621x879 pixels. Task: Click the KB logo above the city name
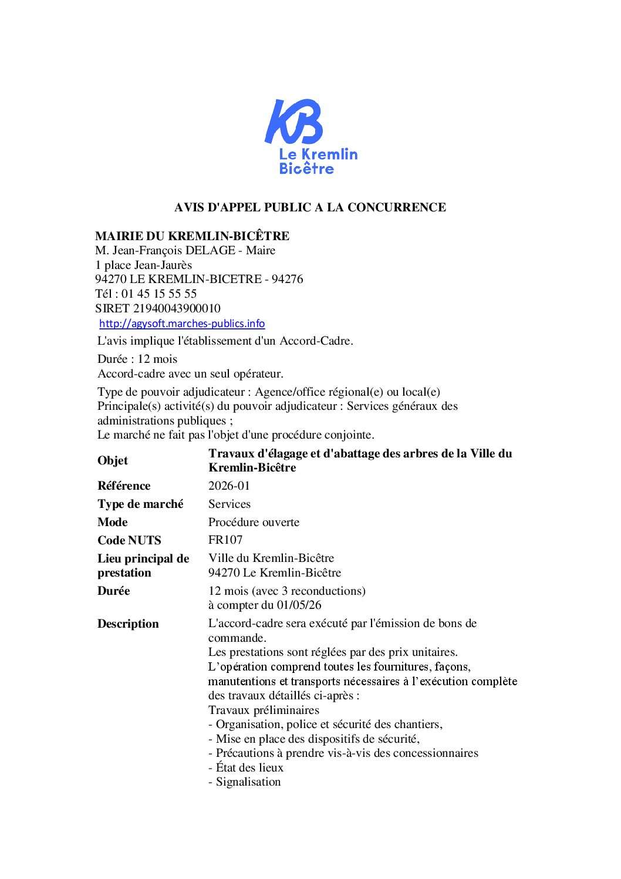pos(293,122)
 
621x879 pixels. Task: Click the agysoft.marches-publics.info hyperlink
pos(182,324)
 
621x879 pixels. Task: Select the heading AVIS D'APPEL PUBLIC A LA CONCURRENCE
pos(310,207)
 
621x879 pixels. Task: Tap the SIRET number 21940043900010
pos(177,308)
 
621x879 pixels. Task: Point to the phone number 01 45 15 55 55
pos(159,294)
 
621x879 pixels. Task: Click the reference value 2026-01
pos(229,486)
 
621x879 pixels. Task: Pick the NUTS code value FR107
pos(225,540)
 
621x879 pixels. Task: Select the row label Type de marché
pos(140,504)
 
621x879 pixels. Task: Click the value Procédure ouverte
pos(254,522)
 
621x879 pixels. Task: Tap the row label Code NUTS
pos(129,540)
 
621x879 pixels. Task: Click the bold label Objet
pos(113,460)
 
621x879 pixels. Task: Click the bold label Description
pos(128,624)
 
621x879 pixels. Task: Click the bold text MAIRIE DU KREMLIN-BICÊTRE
pos(192,236)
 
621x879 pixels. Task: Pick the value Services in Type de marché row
pos(230,504)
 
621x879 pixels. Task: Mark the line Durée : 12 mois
pos(137,359)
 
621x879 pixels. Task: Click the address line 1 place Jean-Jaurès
pos(144,265)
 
